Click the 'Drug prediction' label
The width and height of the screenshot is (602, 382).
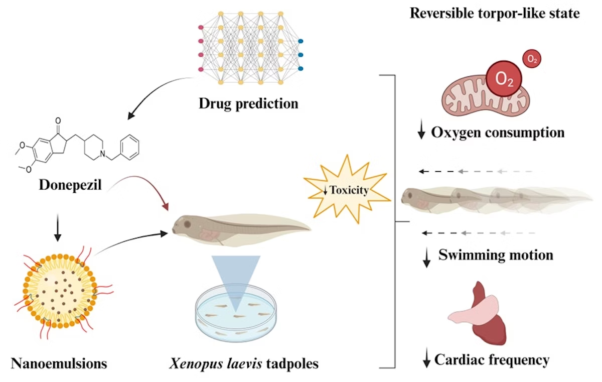point(248,104)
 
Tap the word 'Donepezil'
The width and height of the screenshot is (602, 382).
point(70,185)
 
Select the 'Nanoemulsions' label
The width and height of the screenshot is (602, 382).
point(59,362)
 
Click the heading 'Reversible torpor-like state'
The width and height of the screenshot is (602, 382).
point(494,13)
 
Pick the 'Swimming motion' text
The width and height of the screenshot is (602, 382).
point(496,255)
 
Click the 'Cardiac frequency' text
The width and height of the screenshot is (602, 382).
point(492,359)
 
